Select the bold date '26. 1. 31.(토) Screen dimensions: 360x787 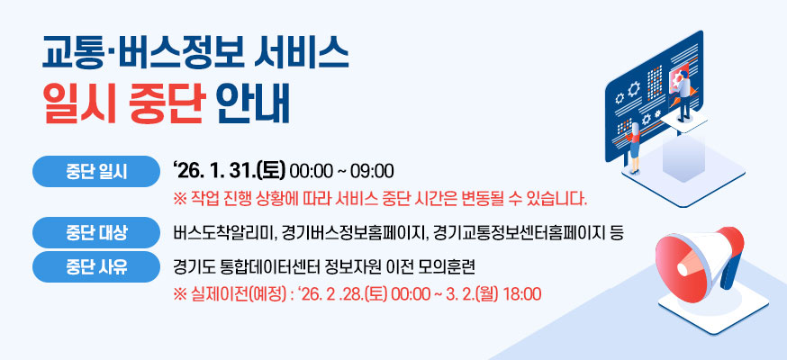pos(228,170)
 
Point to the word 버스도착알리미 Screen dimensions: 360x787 pos(222,234)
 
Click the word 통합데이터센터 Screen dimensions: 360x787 pos(268,266)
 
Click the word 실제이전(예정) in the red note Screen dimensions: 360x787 pos(232,294)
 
